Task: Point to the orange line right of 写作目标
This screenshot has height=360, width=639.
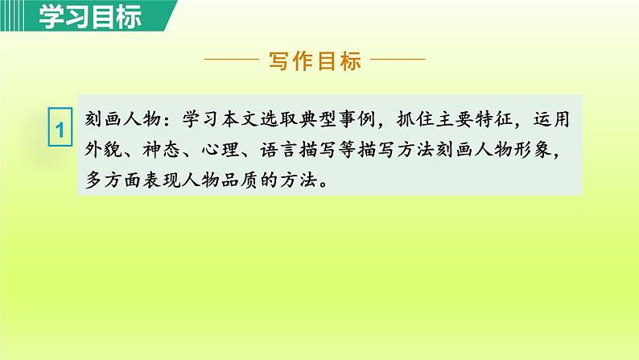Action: [x=398, y=60]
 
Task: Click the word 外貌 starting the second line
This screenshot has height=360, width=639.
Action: [x=105, y=151]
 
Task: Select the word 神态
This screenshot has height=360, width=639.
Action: [x=167, y=151]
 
